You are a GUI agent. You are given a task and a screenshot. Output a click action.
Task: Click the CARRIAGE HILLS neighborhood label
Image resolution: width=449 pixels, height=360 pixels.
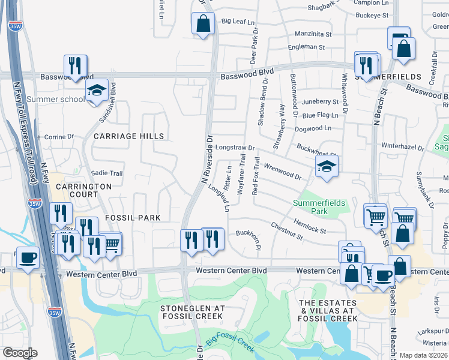pyautogui.click(x=128, y=136)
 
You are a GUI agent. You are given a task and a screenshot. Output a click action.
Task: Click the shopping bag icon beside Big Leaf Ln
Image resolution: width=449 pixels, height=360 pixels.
pyautogui.click(x=203, y=24)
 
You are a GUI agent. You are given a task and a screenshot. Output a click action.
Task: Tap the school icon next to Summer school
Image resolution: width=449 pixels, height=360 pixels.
pyautogui.click(x=96, y=91)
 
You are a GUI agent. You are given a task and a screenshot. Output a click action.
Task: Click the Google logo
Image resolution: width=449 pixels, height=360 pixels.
pyautogui.click(x=20, y=353)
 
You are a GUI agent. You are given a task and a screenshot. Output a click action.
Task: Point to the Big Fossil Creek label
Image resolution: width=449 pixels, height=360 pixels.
pyautogui.click(x=231, y=340)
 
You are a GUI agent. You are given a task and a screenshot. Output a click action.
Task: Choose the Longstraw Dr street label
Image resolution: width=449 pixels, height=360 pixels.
pyautogui.click(x=235, y=147)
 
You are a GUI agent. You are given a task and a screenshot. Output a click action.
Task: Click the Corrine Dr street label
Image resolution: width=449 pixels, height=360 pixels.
pyautogui.click(x=58, y=137)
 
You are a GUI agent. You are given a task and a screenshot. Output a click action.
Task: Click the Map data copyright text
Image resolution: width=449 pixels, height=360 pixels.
pyautogui.click(x=423, y=355)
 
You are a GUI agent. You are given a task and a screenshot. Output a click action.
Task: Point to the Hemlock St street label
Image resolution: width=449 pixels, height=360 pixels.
pyautogui.click(x=310, y=226)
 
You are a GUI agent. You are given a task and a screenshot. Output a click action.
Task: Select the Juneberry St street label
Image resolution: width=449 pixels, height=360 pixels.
pyautogui.click(x=321, y=102)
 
